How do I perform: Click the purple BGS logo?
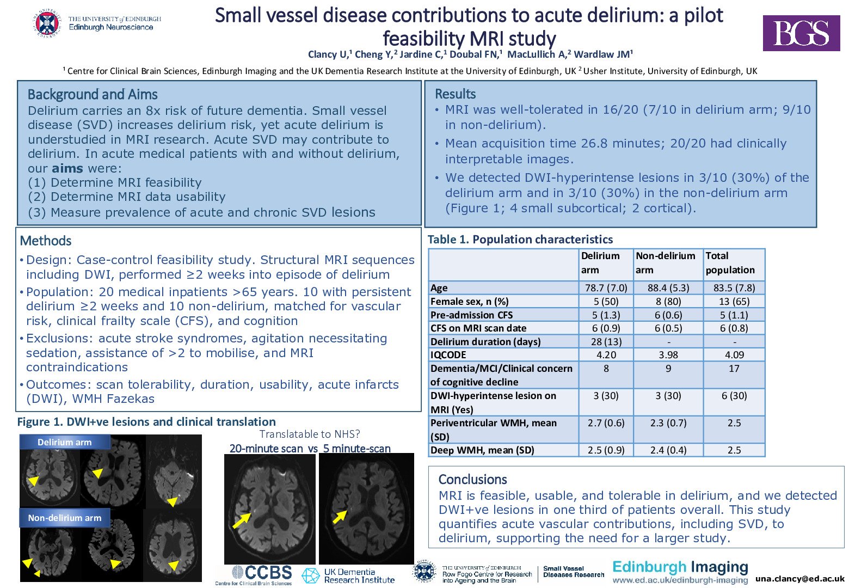801,33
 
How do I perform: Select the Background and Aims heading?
93,95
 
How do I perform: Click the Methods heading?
46,241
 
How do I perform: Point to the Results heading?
455,94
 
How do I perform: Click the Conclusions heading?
472,479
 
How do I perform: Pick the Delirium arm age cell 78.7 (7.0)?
606,288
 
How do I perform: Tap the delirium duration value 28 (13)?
606,341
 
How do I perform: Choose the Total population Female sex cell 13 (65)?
734,301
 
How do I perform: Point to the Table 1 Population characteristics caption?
520,240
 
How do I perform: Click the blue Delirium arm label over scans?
64,442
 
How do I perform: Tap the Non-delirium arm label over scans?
64,518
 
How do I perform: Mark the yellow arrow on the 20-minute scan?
241,520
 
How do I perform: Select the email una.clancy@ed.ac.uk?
799,579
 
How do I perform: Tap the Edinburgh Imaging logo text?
680,567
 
